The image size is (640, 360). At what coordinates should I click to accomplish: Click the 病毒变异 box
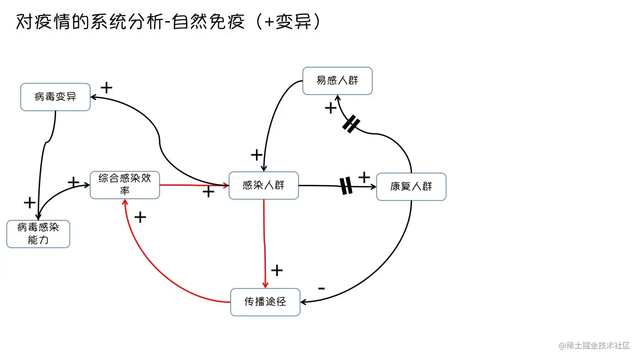tap(56, 97)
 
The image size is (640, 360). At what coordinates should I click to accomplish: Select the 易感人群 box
tap(337, 81)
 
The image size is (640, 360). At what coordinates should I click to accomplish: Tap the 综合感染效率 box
tap(125, 185)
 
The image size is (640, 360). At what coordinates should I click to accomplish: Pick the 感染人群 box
tap(264, 186)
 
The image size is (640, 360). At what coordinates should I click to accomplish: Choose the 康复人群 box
tap(411, 187)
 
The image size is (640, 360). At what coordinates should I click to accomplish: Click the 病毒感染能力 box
tap(38, 234)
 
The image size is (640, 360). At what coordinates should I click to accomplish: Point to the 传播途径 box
tap(265, 302)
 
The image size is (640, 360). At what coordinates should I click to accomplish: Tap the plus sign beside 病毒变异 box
tap(106, 88)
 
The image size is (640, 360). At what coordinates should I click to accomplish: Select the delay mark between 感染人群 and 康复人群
tap(346, 186)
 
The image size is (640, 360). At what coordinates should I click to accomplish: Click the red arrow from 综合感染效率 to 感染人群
tap(193, 185)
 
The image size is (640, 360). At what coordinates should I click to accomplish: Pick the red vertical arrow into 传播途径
tap(265, 244)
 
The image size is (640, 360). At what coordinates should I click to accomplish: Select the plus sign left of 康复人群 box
tap(364, 177)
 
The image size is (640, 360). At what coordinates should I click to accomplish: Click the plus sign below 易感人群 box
tap(330, 108)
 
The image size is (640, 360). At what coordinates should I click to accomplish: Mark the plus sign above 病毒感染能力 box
tap(29, 203)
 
